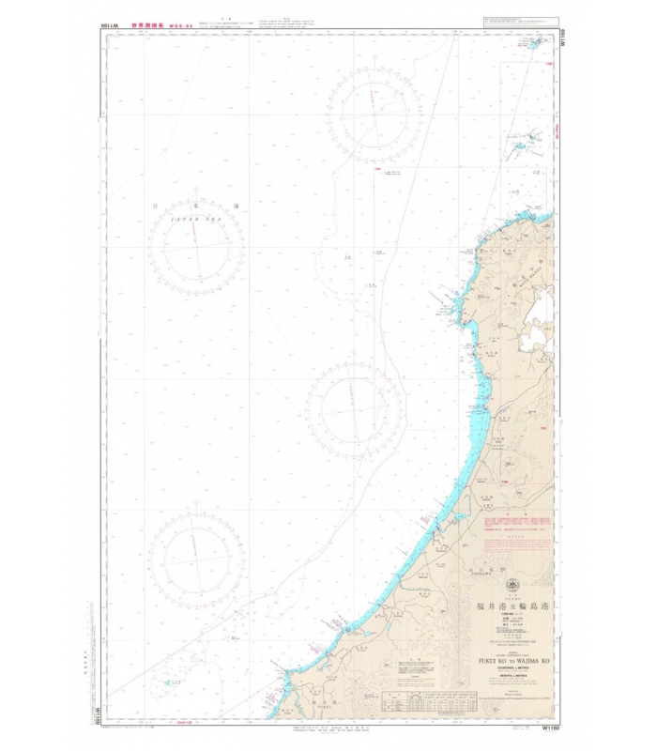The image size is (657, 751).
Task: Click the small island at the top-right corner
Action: click(x=537, y=44)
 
